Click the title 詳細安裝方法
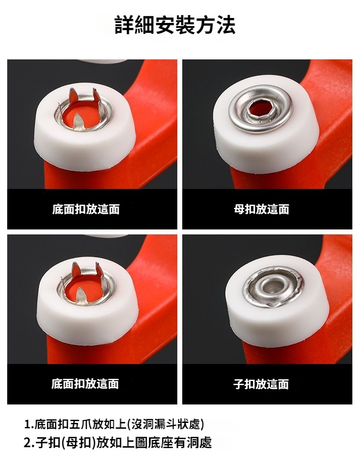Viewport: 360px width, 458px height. (175, 25)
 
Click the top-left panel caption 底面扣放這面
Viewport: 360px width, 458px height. (86, 209)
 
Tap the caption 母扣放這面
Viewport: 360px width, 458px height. (261, 209)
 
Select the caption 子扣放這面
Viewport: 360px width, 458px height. (261, 384)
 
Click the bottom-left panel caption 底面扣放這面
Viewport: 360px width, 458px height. (85, 384)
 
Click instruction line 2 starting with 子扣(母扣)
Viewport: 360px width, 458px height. (117, 443)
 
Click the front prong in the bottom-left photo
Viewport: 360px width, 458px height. (80, 297)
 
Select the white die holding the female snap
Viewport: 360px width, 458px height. (265, 129)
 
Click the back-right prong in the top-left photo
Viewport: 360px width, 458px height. (96, 95)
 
